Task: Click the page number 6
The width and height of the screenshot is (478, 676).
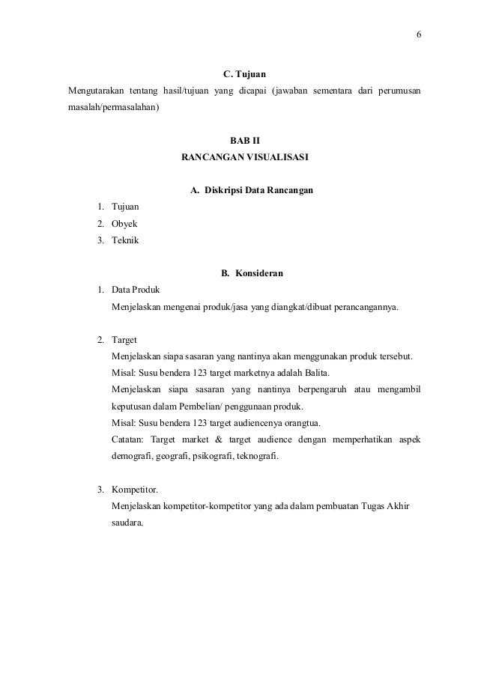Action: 419,35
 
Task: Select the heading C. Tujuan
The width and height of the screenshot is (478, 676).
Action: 245,75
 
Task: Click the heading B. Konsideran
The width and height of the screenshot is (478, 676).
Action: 252,273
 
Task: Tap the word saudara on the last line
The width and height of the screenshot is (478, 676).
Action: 127,523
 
